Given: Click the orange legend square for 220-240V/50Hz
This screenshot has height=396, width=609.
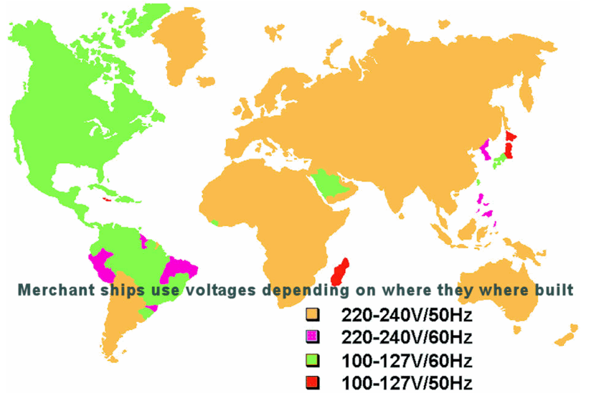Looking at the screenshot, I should point(312,315).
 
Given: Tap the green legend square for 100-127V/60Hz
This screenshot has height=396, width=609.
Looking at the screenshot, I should point(312,359).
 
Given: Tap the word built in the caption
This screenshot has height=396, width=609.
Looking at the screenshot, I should point(554,291).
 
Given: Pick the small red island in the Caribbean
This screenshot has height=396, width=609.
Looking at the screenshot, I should point(107,199).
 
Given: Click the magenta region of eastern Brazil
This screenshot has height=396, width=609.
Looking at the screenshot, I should point(179,272).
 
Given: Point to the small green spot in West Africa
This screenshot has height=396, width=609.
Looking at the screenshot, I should point(214,223).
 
